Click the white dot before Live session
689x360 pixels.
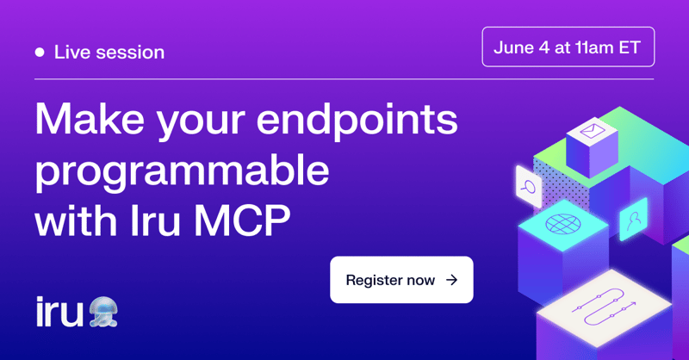(x=40, y=53)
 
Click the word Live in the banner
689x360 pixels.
(x=71, y=53)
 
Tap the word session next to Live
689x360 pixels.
(x=130, y=53)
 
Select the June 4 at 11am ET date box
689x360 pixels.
(x=568, y=47)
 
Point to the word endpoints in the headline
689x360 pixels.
(x=357, y=120)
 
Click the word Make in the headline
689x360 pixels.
(x=90, y=119)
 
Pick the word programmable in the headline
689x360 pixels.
(x=183, y=171)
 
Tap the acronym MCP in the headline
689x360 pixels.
(x=242, y=220)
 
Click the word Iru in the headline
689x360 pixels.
(x=156, y=220)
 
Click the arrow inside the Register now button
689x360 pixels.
(x=451, y=280)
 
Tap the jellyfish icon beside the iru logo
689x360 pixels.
(x=103, y=312)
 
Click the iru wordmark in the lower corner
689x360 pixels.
(x=59, y=312)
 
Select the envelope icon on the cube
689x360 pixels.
(x=592, y=131)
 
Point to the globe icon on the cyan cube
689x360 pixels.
(x=563, y=224)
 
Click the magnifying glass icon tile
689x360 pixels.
(x=529, y=186)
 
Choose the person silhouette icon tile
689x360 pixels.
(x=633, y=220)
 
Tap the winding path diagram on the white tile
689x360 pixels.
(x=604, y=307)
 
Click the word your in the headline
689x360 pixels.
(x=201, y=122)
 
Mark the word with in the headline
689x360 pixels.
(x=76, y=220)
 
